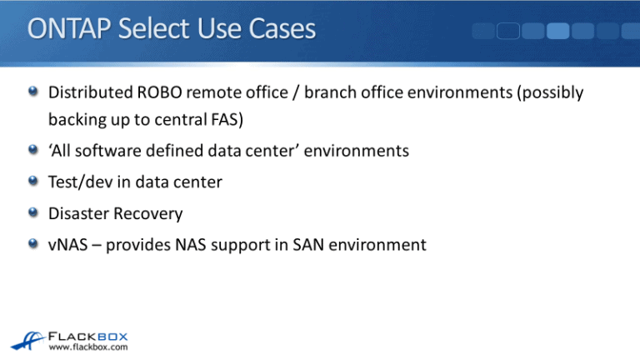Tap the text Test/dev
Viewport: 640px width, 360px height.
pos(82,182)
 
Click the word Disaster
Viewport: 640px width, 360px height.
pos(82,213)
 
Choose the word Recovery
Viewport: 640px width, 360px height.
pos(151,213)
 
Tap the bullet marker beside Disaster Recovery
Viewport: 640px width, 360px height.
pos(32,213)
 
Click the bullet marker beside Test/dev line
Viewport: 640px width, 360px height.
pos(32,182)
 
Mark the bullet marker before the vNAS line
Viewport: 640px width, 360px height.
pos(32,245)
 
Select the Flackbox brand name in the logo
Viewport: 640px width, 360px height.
pos(92,332)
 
